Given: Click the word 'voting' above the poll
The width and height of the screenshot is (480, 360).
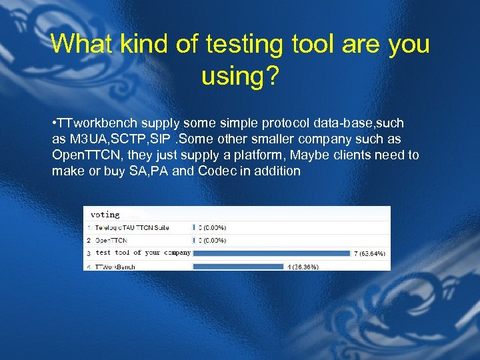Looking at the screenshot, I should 105,215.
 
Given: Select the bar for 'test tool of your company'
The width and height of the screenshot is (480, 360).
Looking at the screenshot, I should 271,253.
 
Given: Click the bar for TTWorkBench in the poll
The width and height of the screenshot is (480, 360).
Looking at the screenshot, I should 238,267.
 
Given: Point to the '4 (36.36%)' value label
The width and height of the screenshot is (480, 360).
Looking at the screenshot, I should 303,267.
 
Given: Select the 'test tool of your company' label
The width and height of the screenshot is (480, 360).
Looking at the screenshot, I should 143,253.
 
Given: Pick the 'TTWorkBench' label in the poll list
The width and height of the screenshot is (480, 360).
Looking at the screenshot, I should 115,267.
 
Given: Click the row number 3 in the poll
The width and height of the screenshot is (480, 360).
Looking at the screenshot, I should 88,253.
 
